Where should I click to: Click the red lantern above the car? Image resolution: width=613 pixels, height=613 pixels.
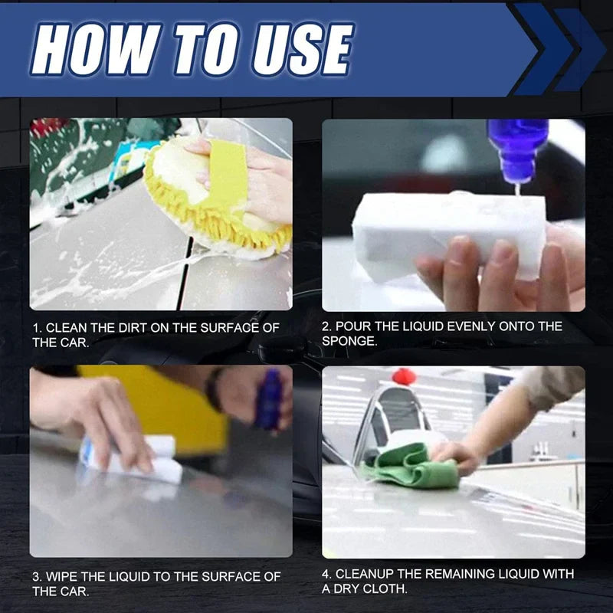tap(403, 376)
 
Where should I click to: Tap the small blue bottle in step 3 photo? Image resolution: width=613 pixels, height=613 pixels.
tap(269, 398)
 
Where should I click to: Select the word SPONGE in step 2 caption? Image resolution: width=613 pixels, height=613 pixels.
tap(350, 342)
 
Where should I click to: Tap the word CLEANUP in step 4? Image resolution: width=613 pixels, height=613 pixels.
tap(366, 574)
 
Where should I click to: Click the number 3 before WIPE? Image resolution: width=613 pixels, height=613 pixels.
tap(35, 576)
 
